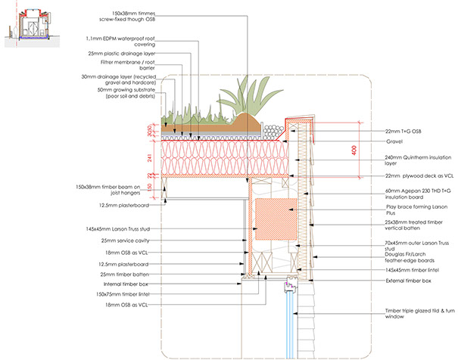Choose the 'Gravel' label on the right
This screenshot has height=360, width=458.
[397, 142]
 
